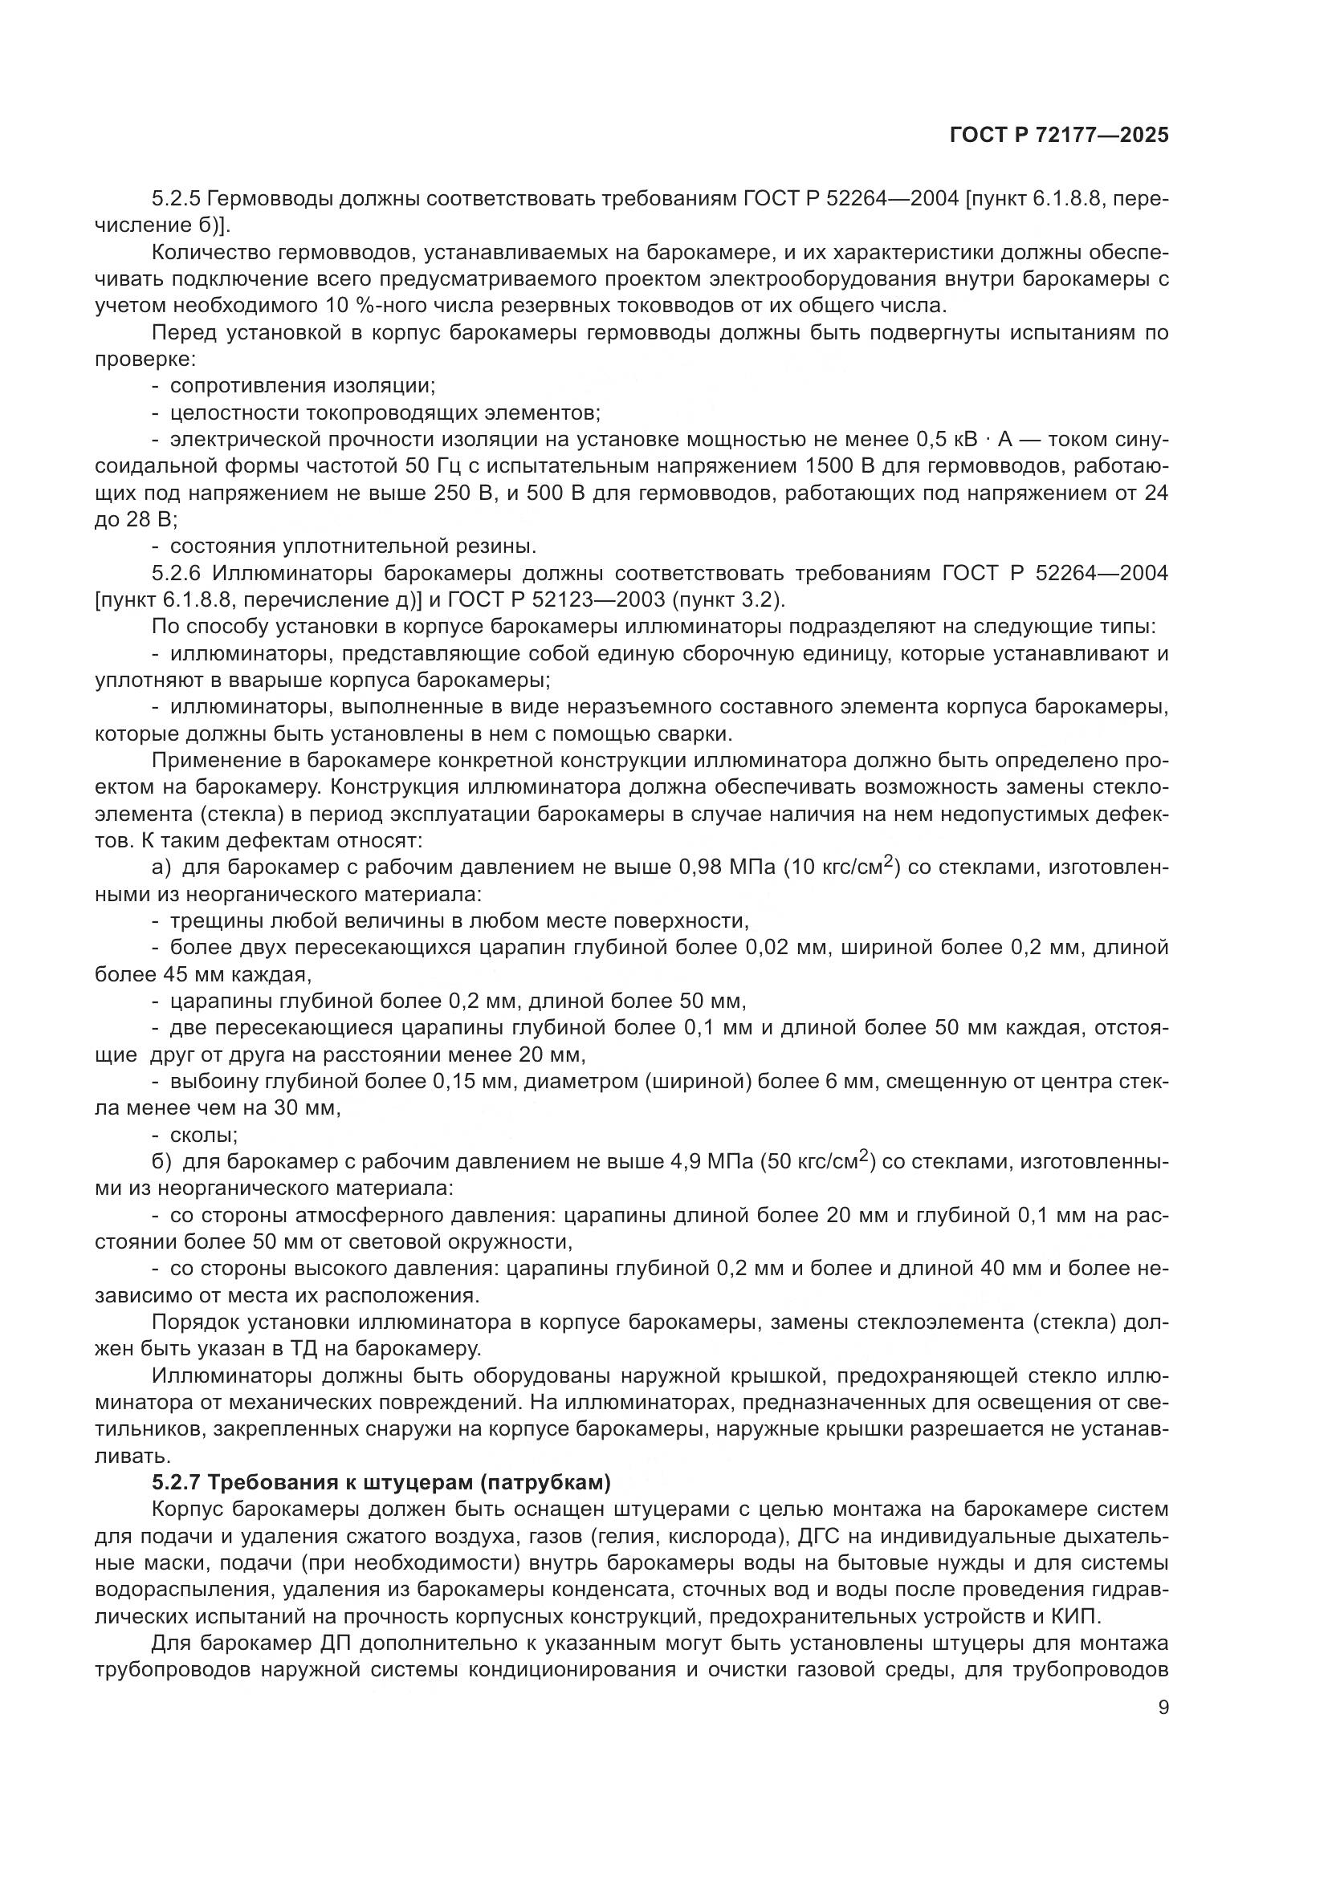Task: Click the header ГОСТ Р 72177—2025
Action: [1059, 136]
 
